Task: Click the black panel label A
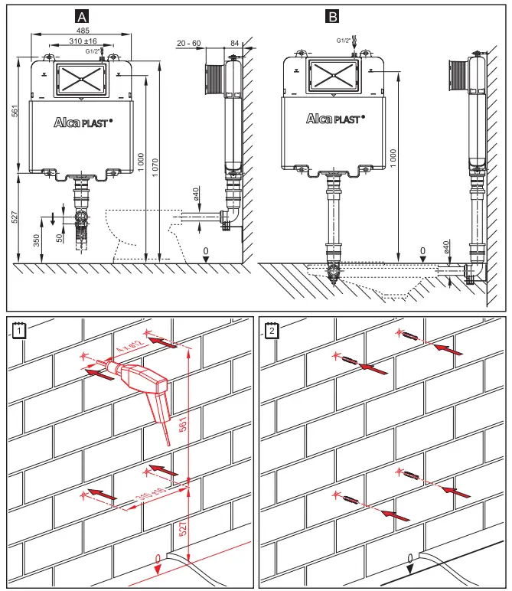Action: [x=83, y=16]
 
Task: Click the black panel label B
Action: [x=333, y=16]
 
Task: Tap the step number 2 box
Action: [x=272, y=330]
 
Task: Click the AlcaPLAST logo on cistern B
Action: [x=334, y=119]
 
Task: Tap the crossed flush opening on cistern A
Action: [x=80, y=78]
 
